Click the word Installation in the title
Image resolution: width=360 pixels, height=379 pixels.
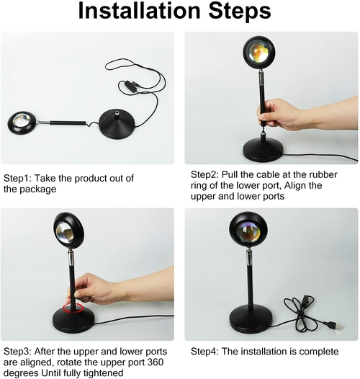[139, 11]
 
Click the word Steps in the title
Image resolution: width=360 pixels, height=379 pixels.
[240, 12]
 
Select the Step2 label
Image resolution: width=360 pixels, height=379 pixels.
[204, 175]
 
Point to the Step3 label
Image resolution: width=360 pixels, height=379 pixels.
[17, 352]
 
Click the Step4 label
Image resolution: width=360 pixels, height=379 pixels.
[204, 352]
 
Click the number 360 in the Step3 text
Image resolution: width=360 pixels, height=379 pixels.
[155, 362]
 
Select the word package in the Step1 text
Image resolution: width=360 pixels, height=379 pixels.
[38, 189]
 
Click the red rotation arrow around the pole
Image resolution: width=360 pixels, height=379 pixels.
[73, 308]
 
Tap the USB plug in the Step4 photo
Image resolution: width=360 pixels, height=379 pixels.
[336, 326]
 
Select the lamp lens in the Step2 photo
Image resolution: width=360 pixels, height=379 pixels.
[258, 51]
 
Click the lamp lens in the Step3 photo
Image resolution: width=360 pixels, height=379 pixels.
[65, 232]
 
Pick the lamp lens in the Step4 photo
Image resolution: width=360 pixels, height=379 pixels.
[248, 232]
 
